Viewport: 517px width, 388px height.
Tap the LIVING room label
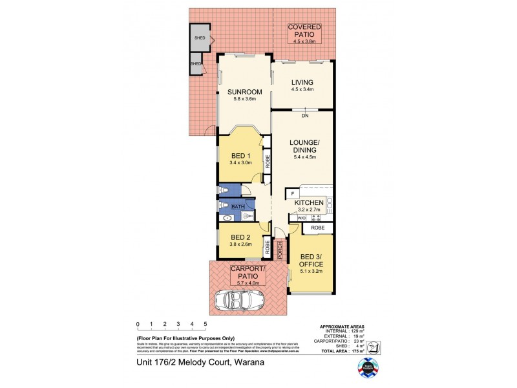coord(302,82)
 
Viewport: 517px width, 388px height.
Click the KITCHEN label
coord(308,203)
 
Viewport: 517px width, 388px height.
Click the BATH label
coord(237,206)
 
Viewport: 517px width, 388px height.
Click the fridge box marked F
coord(293,193)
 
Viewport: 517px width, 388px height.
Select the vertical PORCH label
coord(280,250)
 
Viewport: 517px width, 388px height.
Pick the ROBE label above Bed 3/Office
coord(317,228)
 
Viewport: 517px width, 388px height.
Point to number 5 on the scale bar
coord(206,324)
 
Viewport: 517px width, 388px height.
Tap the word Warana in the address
coord(247,363)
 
